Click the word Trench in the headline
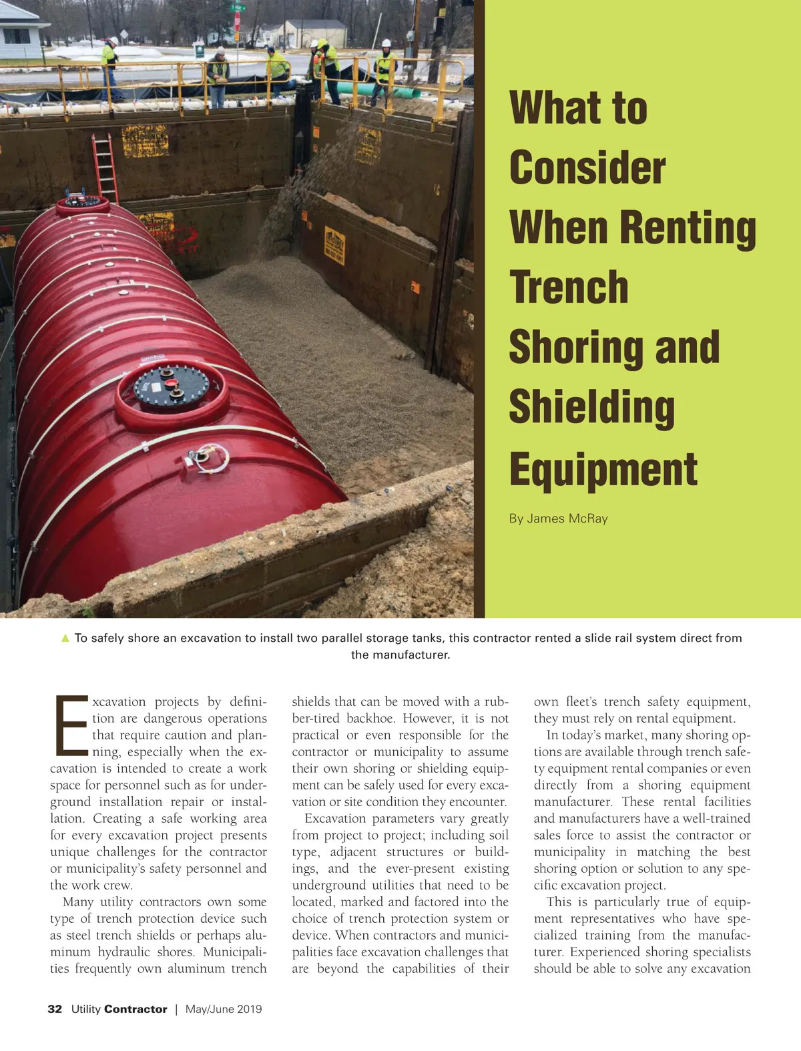pos(569,287)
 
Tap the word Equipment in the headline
pos(603,468)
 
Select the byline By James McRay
pos(558,518)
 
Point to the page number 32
pos(55,1009)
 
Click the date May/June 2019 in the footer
pos(224,1009)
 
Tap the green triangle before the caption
pos(65,638)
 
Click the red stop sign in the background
pos(237,21)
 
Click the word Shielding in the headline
pos(591,408)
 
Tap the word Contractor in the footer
pos(136,1009)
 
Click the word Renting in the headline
pos(688,228)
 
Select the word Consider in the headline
pos(587,167)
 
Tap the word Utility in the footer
pos(86,1009)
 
